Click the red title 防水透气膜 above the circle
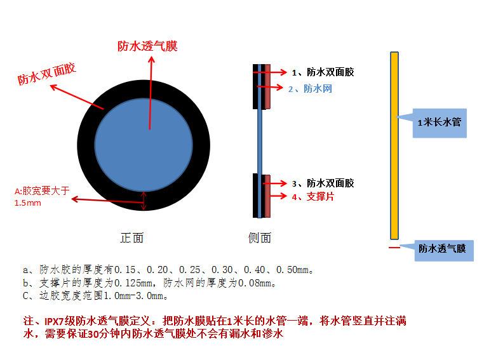[x=147, y=46]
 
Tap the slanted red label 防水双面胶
[x=46, y=74]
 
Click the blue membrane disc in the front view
[x=144, y=145]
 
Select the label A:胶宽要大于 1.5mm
[x=42, y=196]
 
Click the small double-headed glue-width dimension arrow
[x=144, y=201]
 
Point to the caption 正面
[x=132, y=238]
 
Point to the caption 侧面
[x=260, y=238]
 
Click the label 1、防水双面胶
[x=323, y=72]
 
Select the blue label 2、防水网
[x=310, y=89]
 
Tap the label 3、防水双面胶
[x=323, y=183]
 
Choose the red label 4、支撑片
[x=313, y=196]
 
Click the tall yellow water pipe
[x=394, y=145]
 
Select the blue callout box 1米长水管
[x=440, y=123]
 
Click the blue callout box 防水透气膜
[x=444, y=251]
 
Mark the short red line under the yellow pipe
[x=394, y=247]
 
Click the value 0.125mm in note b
[x=133, y=283]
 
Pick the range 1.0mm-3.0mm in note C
[x=134, y=296]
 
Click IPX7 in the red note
[x=54, y=321]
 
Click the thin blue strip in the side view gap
[x=260, y=141]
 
